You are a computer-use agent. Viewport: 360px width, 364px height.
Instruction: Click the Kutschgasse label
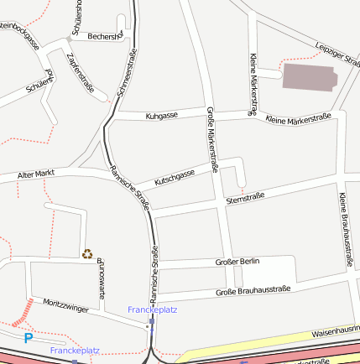click(175, 177)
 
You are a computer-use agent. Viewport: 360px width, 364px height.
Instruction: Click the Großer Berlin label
click(237, 263)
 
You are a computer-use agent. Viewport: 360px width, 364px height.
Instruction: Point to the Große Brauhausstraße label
click(253, 290)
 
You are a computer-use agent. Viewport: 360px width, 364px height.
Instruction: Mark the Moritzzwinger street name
click(65, 308)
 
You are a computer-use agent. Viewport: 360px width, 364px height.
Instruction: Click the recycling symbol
click(87, 253)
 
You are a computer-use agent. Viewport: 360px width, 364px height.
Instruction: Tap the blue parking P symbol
click(28, 338)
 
